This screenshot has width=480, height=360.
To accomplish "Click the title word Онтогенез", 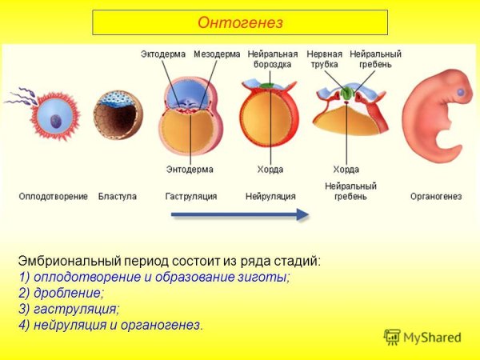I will click(x=240, y=22).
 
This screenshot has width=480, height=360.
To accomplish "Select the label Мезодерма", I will click(x=216, y=54).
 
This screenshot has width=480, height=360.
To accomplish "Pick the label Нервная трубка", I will click(x=324, y=58).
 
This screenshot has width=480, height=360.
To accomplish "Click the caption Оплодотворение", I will click(x=54, y=196).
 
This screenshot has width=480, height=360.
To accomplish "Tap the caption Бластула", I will click(x=118, y=196).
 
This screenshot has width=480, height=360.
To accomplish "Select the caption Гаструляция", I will click(x=191, y=196).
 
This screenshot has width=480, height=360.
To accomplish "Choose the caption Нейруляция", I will click(x=270, y=196).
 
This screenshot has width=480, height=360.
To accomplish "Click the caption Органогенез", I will click(x=436, y=196).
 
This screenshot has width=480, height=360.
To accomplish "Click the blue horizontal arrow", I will click(x=240, y=214).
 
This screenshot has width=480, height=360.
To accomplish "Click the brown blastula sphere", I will click(x=118, y=116).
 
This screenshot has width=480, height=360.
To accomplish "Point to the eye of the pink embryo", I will click(x=461, y=94).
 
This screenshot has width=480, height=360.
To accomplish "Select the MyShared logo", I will click(x=423, y=337).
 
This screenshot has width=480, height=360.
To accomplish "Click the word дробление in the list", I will click(x=68, y=293).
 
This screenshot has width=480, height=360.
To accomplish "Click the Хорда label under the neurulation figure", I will click(x=270, y=170).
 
